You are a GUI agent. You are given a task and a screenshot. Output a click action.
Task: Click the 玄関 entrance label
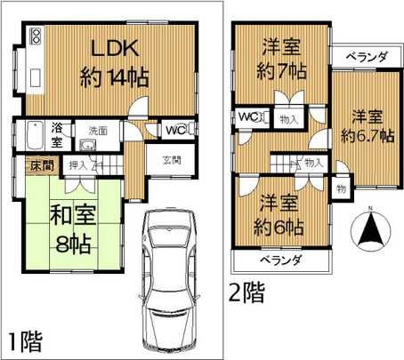(172, 161)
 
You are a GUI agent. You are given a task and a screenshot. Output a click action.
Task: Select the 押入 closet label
(77, 165)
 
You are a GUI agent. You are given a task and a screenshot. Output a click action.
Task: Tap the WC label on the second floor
(246, 116)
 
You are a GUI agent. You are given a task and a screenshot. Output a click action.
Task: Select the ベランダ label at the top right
(367, 56)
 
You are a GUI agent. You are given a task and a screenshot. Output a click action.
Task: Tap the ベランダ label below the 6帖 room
(279, 260)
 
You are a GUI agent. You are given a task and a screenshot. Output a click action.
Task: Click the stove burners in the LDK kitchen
(36, 37)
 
